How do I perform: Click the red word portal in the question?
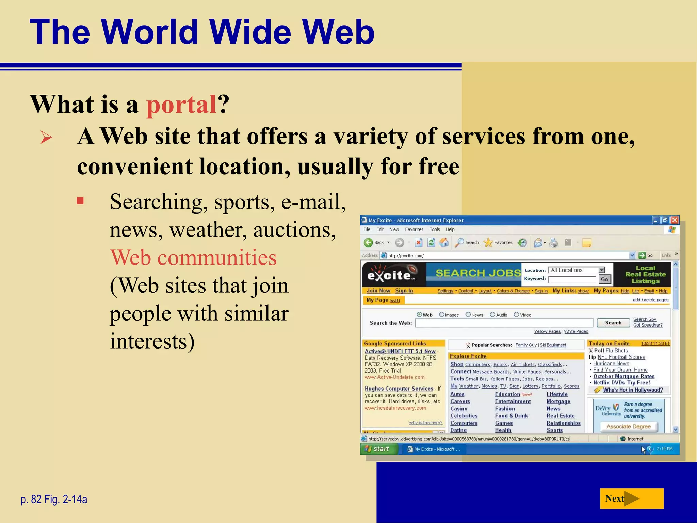point(181,104)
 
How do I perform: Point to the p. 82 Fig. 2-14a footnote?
point(54,499)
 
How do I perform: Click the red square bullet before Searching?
point(80,201)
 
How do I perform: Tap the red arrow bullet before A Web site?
point(46,138)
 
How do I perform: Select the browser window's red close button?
point(674,220)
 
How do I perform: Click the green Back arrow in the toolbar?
point(368,242)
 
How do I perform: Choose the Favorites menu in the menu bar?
point(414,229)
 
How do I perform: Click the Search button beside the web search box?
point(613,323)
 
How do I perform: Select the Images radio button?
point(442,315)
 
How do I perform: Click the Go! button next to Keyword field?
point(605,279)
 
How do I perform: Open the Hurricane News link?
point(611,363)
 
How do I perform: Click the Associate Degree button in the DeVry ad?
point(628,426)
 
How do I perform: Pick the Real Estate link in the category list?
point(561,416)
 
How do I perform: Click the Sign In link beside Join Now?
point(404,291)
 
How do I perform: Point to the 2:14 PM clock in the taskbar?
point(665,449)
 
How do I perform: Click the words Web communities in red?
point(193,257)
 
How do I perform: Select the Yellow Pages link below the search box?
point(547,331)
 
